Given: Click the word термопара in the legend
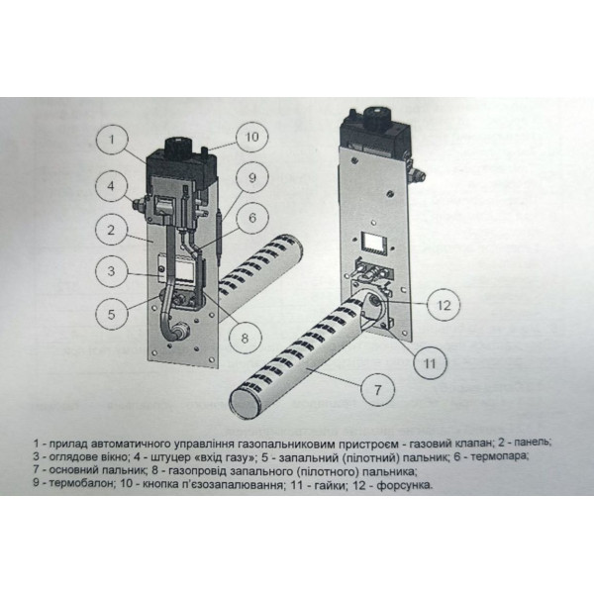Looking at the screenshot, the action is pos(500,456).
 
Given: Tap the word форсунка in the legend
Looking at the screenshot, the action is pos(404,485).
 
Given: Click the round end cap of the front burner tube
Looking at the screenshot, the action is pos(246,404).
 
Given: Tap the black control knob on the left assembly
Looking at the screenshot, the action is pos(179,145).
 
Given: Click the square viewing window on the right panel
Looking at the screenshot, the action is pos(373,243).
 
